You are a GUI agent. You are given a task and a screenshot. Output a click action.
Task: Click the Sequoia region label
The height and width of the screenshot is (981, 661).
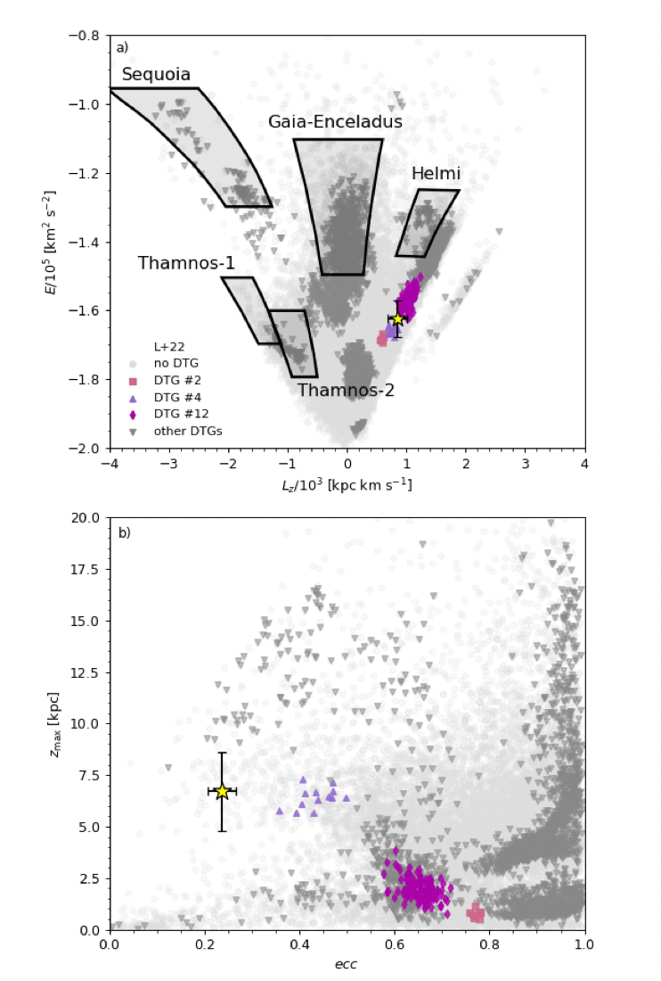coord(156,75)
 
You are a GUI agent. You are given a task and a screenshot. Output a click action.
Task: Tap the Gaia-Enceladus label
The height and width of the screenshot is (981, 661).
coord(335,122)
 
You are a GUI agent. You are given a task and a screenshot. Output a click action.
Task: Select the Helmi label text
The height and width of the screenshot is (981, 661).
coord(436,174)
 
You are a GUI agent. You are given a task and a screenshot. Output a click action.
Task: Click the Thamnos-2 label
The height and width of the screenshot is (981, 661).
coord(345,391)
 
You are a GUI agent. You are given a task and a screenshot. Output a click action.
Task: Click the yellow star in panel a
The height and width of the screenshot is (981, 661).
coord(397,319)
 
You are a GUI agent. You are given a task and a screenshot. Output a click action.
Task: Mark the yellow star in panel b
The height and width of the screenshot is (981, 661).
coord(222,791)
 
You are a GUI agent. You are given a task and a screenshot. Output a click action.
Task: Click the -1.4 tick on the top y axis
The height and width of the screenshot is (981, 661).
coord(88,242)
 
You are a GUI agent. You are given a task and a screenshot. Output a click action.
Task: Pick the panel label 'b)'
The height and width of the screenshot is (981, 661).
coord(125,533)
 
